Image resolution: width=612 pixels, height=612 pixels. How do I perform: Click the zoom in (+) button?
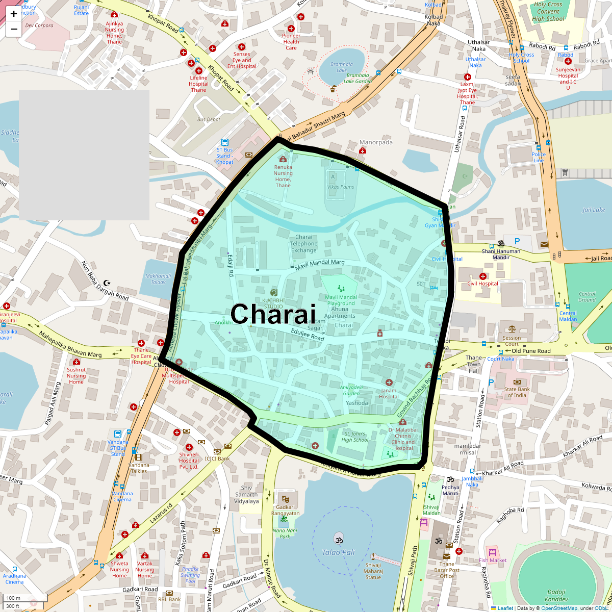click(14, 14)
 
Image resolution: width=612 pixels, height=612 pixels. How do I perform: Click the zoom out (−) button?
click(14, 29)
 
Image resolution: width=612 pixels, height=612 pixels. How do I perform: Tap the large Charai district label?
click(273, 314)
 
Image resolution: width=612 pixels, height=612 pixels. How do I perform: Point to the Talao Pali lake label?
click(338, 552)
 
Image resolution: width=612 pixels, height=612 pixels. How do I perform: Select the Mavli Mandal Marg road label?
click(320, 264)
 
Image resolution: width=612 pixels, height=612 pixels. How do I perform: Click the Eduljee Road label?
click(308, 335)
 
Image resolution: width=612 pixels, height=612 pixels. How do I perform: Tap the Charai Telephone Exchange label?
click(303, 244)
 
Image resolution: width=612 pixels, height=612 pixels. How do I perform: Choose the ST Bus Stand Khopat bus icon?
click(224, 142)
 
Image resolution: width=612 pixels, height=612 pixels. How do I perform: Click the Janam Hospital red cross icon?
click(389, 382)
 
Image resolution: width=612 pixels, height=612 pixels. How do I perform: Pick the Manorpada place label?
click(376, 142)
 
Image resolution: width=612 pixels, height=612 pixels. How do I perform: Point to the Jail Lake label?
click(594, 210)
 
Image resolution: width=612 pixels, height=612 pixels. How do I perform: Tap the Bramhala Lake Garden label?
click(357, 78)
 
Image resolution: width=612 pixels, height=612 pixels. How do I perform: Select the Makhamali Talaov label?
click(158, 279)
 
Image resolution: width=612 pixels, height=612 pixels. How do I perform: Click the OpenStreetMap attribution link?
click(559, 608)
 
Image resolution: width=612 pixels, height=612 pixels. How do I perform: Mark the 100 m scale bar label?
click(14, 598)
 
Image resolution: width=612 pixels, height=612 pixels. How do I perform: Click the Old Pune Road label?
click(531, 351)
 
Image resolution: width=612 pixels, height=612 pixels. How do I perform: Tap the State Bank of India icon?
click(517, 382)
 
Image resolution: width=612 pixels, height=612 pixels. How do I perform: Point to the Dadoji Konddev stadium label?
click(556, 596)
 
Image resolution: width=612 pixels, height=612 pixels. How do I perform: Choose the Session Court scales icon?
click(512, 329)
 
